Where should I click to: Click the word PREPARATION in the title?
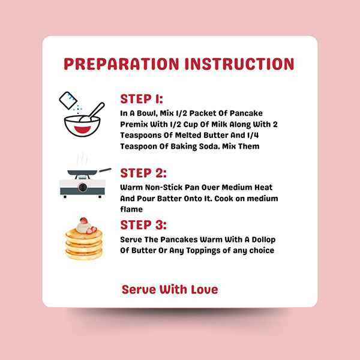(x=121, y=64)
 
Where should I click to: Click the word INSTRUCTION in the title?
(x=239, y=64)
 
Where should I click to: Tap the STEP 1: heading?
(x=142, y=99)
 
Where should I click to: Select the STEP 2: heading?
(x=143, y=173)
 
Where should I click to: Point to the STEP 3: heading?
(x=143, y=225)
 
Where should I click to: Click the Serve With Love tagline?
(x=170, y=289)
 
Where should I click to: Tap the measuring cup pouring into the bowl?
(x=68, y=100)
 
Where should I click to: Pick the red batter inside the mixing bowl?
(x=82, y=129)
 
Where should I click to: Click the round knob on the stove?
(x=83, y=187)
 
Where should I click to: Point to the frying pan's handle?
(x=104, y=170)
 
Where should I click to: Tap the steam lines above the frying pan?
(x=82, y=159)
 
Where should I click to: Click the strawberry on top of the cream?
(x=84, y=220)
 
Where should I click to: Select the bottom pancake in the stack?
(x=84, y=255)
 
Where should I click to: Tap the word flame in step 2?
(x=131, y=209)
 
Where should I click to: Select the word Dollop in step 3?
(x=263, y=239)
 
